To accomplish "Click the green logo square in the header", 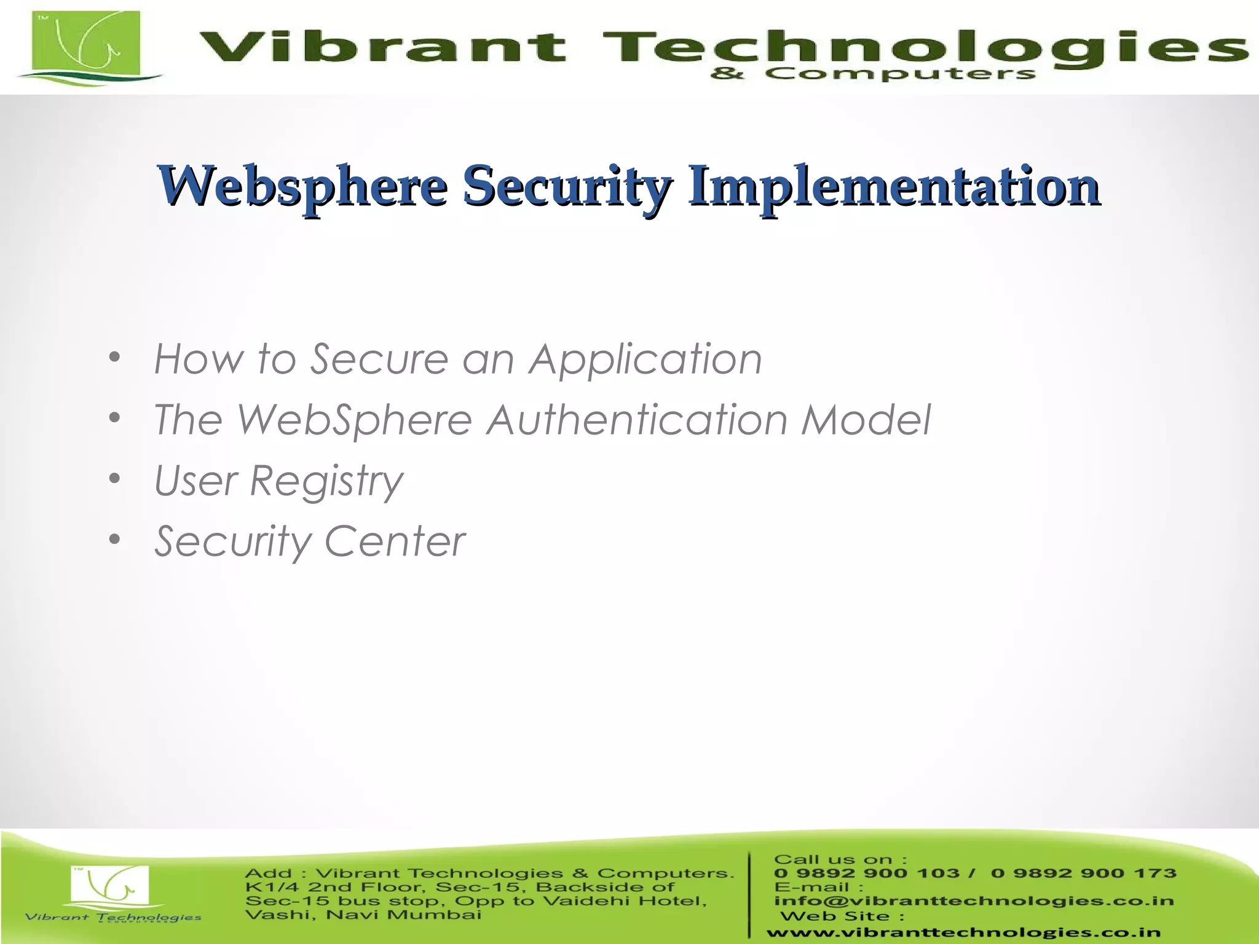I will coord(87,43).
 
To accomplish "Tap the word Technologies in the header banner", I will coord(922,46).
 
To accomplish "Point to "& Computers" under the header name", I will coord(873,74).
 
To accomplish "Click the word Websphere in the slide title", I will coord(302,186).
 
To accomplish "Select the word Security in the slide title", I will coord(567,186).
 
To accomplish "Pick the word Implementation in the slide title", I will coord(894,186).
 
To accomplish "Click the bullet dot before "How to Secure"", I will coord(114,358).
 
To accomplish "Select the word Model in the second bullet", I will coord(867,420).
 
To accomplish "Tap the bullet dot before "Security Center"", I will coord(114,540).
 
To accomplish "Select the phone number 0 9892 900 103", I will coord(866,873).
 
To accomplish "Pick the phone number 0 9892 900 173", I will coord(1083,873).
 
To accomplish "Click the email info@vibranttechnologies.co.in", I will coord(974,901).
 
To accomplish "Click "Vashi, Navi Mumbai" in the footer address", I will coord(363,915).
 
